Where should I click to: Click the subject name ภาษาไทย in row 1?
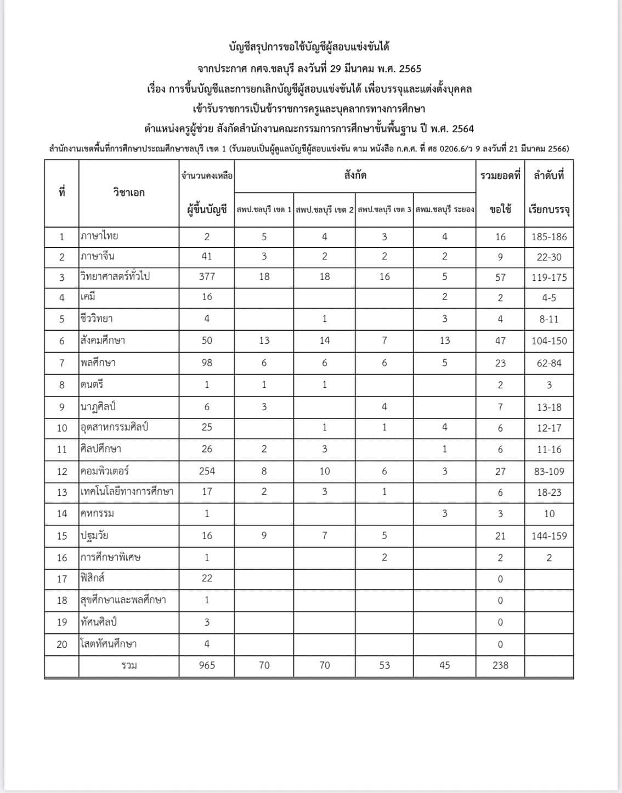click(99, 236)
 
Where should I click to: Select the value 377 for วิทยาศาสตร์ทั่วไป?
click(207, 276)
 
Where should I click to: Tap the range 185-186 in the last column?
click(549, 237)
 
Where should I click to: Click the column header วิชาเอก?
click(129, 192)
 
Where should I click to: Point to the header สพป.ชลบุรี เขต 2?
click(325, 209)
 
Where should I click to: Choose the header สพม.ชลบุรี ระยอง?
click(445, 209)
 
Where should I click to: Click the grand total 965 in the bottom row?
click(207, 665)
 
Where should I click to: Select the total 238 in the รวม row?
click(500, 665)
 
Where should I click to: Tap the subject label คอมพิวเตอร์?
click(105, 471)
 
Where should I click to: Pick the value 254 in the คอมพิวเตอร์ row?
click(207, 471)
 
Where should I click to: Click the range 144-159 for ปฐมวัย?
click(549, 536)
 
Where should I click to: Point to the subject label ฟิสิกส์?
click(92, 578)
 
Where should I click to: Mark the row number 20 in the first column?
click(62, 644)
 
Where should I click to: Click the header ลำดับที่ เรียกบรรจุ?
click(549, 192)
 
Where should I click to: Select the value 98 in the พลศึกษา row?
click(207, 363)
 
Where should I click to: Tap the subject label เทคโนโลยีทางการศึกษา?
click(127, 491)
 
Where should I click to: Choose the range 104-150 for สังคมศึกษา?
click(549, 341)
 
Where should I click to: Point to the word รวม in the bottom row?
click(129, 665)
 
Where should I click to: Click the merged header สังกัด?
click(355, 175)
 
